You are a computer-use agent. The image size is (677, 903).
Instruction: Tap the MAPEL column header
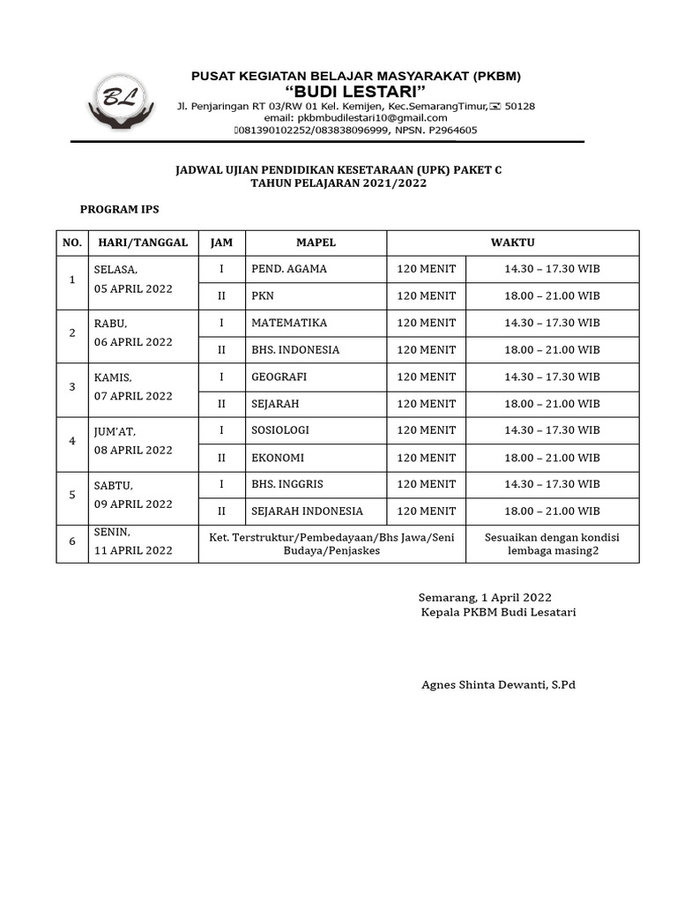316,243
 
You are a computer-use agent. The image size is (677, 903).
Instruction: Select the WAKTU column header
512,243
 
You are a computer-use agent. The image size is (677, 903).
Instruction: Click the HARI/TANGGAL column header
143,243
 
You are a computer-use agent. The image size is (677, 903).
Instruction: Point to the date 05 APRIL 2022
133,288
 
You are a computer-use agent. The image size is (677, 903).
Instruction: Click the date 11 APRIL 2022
133,550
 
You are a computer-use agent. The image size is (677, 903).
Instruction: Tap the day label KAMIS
113,377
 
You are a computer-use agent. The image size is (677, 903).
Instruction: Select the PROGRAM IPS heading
120,209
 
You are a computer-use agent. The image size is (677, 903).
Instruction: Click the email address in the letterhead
355,117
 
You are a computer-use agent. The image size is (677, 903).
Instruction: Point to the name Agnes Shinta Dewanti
498,684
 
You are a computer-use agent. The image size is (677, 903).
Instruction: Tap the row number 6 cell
72,541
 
